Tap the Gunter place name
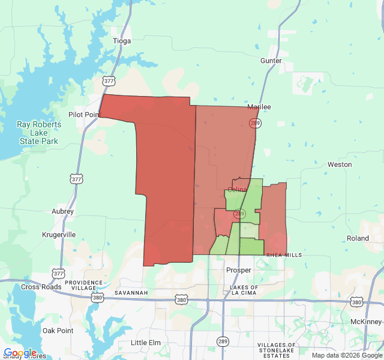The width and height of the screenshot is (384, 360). tap(271, 61)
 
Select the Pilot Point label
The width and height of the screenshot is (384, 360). tap(83, 115)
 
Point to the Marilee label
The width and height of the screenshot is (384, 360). tap(259, 107)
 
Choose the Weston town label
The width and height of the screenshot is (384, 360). tap(340, 164)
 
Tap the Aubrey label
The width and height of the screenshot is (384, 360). tap(62, 211)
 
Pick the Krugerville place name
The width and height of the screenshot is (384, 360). tap(59, 235)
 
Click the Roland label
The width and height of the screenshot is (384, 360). tap(358, 238)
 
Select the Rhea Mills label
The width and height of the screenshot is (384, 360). tap(284, 255)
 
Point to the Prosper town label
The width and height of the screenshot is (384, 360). tap(238, 270)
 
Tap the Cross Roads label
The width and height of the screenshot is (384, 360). tap(41, 287)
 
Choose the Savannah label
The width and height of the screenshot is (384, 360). tap(131, 292)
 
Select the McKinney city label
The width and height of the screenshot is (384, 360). tap(365, 322)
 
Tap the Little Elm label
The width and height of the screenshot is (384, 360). tap(146, 343)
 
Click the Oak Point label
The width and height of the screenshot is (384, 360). tap(58, 331)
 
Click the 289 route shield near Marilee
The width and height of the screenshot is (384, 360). tap(254, 123)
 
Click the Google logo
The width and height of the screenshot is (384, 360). tap(20, 353)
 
